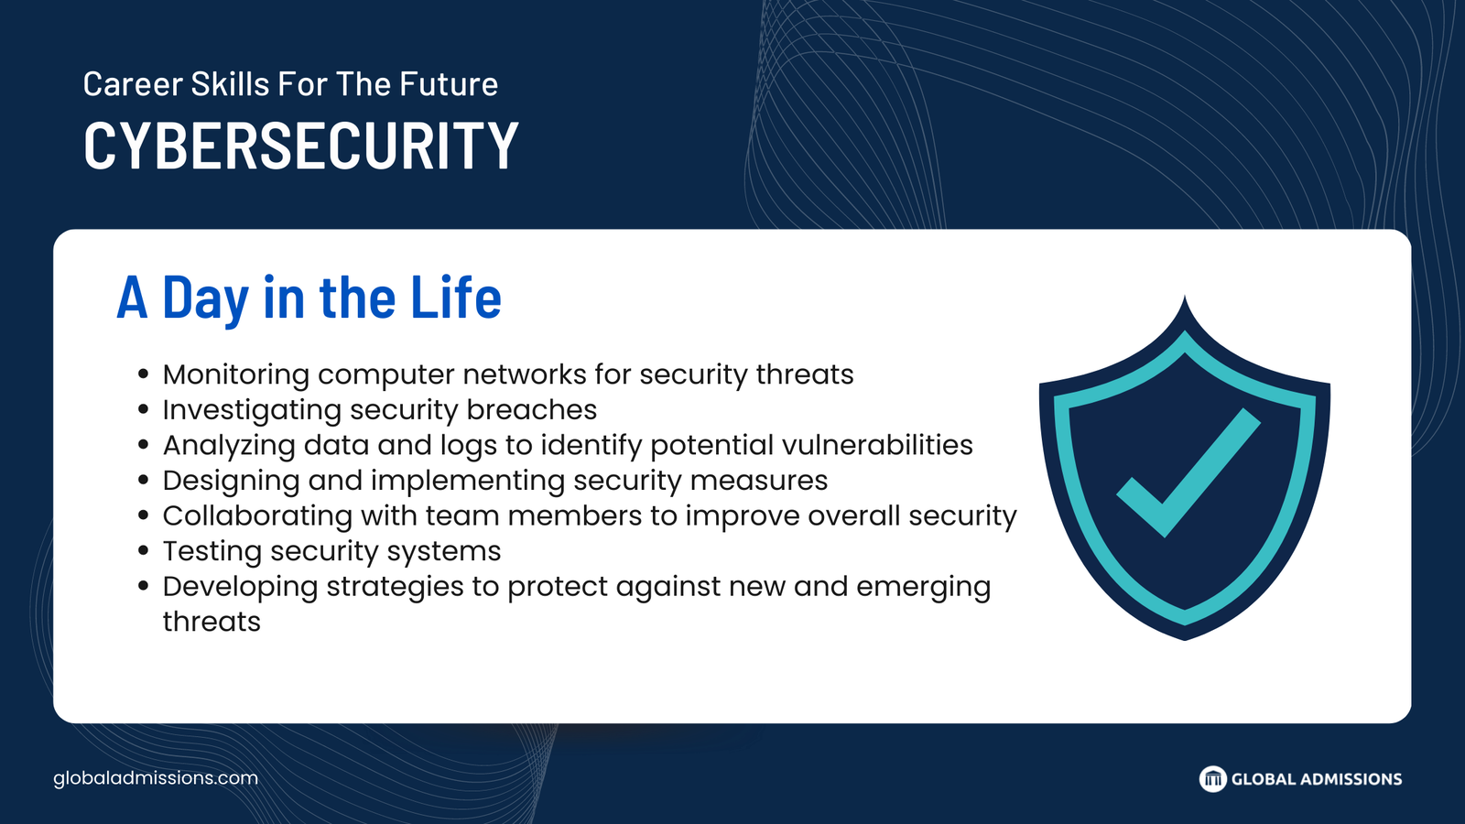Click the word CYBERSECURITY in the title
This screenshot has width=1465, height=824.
(x=301, y=146)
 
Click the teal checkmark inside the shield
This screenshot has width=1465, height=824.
(x=1188, y=472)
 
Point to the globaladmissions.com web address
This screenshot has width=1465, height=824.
(x=156, y=778)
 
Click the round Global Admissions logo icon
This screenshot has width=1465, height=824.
(x=1212, y=779)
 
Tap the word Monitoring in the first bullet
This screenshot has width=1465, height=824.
(x=236, y=375)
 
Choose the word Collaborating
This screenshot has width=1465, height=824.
(x=257, y=516)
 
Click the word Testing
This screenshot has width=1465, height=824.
(x=212, y=551)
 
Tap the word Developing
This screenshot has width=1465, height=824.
(x=240, y=587)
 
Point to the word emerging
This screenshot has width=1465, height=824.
(x=924, y=587)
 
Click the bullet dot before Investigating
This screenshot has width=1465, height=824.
(x=144, y=410)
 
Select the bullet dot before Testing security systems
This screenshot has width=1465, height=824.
(x=144, y=551)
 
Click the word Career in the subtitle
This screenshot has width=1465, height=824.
(x=133, y=84)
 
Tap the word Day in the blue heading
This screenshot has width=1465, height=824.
(x=205, y=299)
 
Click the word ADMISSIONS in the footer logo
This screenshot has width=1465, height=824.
(x=1351, y=779)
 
